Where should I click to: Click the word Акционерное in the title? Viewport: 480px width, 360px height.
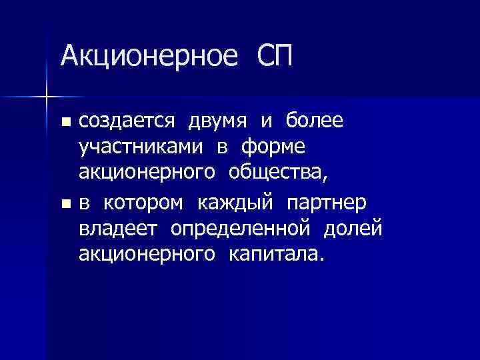pos(149,55)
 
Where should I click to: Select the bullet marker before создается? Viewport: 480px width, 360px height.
pos(65,121)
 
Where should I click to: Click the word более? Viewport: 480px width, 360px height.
pos(315,121)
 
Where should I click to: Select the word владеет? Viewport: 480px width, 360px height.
pos(118,227)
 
